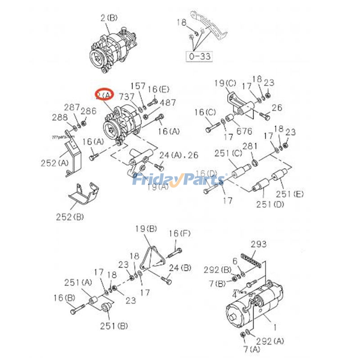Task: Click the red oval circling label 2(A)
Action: pyautogui.click(x=104, y=94)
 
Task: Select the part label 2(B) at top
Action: pyautogui.click(x=108, y=18)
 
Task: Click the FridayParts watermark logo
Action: pyautogui.click(x=179, y=180)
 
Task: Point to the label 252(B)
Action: pyautogui.click(x=70, y=217)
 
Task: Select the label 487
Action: pyautogui.click(x=168, y=103)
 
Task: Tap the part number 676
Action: pyautogui.click(x=245, y=131)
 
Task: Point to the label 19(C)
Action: pyautogui.click(x=225, y=83)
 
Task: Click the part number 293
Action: pyautogui.click(x=259, y=244)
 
